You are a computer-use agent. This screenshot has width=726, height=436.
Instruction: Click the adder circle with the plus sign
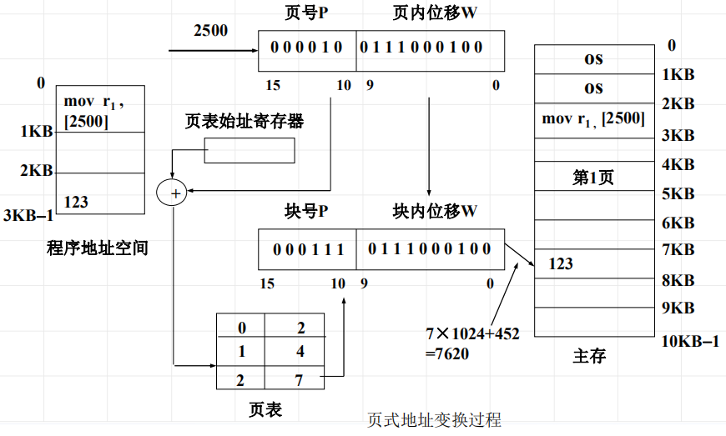174,193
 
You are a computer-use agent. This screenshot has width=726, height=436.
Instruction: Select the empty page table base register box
250,151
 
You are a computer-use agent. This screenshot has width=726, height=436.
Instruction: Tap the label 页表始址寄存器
244,122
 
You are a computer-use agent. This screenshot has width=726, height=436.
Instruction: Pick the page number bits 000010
306,47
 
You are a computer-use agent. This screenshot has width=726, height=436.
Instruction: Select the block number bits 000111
306,248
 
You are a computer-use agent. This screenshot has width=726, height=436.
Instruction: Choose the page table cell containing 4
300,352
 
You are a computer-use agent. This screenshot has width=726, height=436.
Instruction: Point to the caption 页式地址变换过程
434,419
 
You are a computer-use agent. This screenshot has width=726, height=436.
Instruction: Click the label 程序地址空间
98,248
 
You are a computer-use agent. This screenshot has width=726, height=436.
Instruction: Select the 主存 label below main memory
589,356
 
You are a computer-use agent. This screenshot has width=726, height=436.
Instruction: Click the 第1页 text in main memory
592,177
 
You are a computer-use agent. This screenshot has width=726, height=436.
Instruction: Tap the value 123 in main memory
561,263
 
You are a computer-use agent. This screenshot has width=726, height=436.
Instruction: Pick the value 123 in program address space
76,202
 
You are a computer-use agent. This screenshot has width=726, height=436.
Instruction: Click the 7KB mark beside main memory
678,249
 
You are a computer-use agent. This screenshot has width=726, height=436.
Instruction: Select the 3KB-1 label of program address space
28,215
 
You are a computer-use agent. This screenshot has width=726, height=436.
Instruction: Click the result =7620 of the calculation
447,353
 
